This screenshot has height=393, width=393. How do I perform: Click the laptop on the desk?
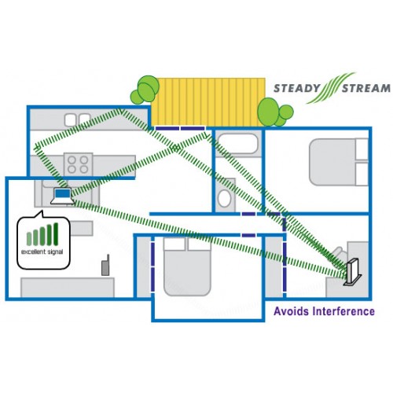[x=62, y=196]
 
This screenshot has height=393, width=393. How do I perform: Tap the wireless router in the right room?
[x=353, y=273]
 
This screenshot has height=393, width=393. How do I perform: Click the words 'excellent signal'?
[x=42, y=252]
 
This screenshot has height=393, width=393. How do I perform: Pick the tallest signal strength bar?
[x=56, y=234]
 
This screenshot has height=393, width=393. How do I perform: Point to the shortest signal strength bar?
[x=29, y=239]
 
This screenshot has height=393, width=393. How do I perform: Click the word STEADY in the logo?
[x=297, y=88]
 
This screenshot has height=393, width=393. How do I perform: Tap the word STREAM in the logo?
[x=366, y=88]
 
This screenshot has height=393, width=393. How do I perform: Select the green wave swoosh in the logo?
[x=331, y=88]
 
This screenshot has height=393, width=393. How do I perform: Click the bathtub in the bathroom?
[x=238, y=144]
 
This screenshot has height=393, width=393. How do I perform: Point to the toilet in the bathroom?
[x=225, y=195]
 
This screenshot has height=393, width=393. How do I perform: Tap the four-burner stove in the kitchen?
[x=78, y=164]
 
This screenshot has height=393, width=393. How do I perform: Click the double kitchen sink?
[x=78, y=119]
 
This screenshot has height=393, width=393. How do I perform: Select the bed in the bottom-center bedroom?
[x=187, y=266]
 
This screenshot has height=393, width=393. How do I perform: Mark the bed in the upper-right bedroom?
[x=339, y=162]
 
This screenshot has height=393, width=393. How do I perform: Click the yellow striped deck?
[x=208, y=102]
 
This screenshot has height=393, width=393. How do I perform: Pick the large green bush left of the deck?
[x=149, y=89]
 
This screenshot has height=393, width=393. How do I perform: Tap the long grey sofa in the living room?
[x=68, y=288]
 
